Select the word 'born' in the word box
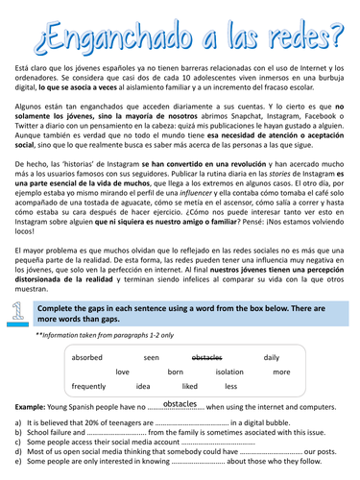click(176, 371)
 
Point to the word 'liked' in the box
click(189, 385)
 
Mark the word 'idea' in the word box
click(143, 385)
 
